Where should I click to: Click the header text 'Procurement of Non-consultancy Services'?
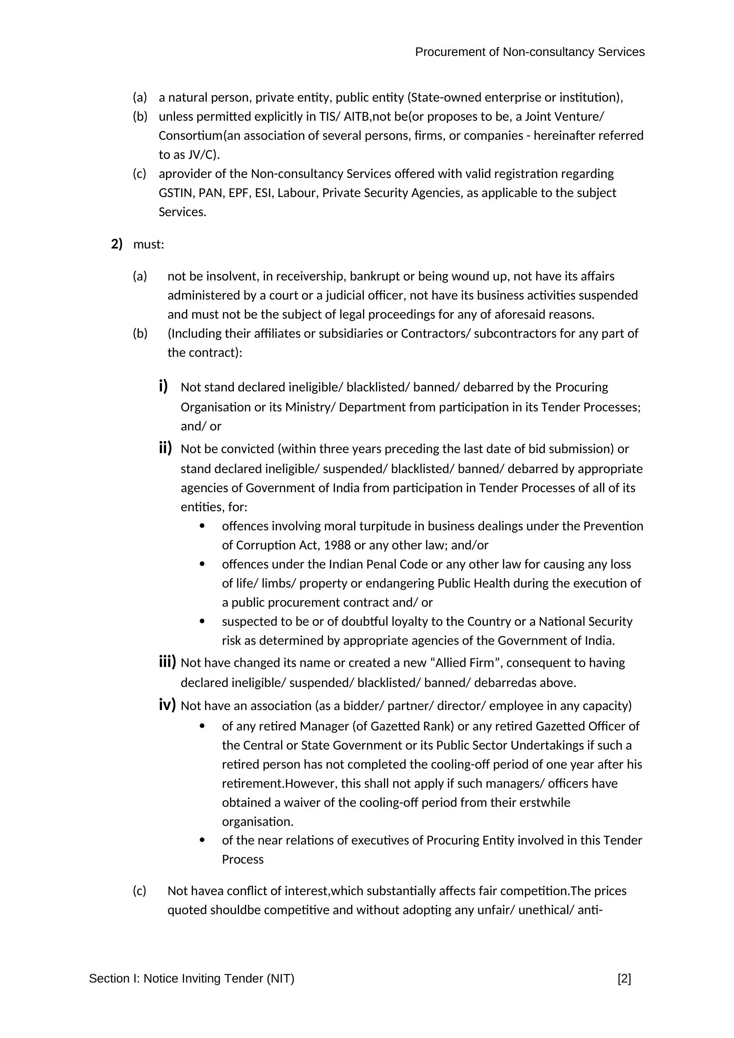pyautogui.click(x=529, y=52)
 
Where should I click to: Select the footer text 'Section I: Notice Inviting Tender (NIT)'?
pyautogui.click(x=192, y=979)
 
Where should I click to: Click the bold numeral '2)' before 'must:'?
pyautogui.click(x=117, y=245)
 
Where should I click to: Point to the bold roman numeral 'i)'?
pyautogui.click(x=163, y=387)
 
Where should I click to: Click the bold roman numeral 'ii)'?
pyautogui.click(x=166, y=448)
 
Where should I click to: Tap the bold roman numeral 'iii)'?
pyautogui.click(x=167, y=662)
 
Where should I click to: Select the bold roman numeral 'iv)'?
pyautogui.click(x=167, y=705)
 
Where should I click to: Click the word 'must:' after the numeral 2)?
pyautogui.click(x=149, y=245)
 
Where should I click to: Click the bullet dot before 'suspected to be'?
pyautogui.click(x=202, y=621)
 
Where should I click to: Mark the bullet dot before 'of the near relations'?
pyautogui.click(x=202, y=840)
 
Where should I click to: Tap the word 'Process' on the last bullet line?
pyautogui.click(x=242, y=860)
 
